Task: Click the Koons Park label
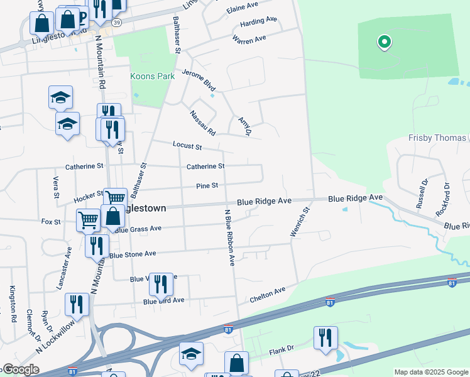point(151,76)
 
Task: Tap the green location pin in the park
point(384,43)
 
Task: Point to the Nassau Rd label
point(203,123)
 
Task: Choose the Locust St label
point(187,146)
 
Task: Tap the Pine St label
point(207,186)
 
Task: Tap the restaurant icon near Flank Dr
point(325,337)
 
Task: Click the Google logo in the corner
point(20,369)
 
